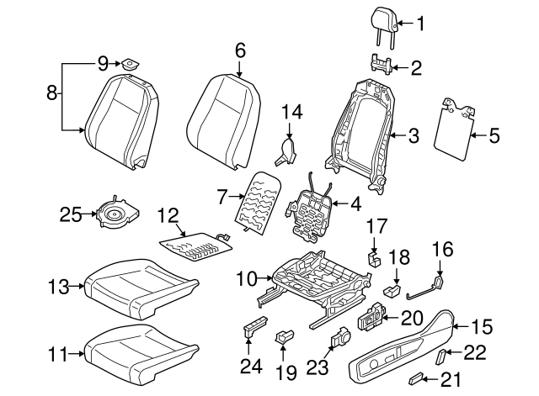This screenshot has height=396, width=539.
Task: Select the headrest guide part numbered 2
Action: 380,65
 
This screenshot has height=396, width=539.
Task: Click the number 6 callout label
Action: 240,50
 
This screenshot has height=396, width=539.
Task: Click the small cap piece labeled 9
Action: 130,63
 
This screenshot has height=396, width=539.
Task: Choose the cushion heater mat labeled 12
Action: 195,246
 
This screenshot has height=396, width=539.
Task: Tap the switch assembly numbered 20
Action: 371,319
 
